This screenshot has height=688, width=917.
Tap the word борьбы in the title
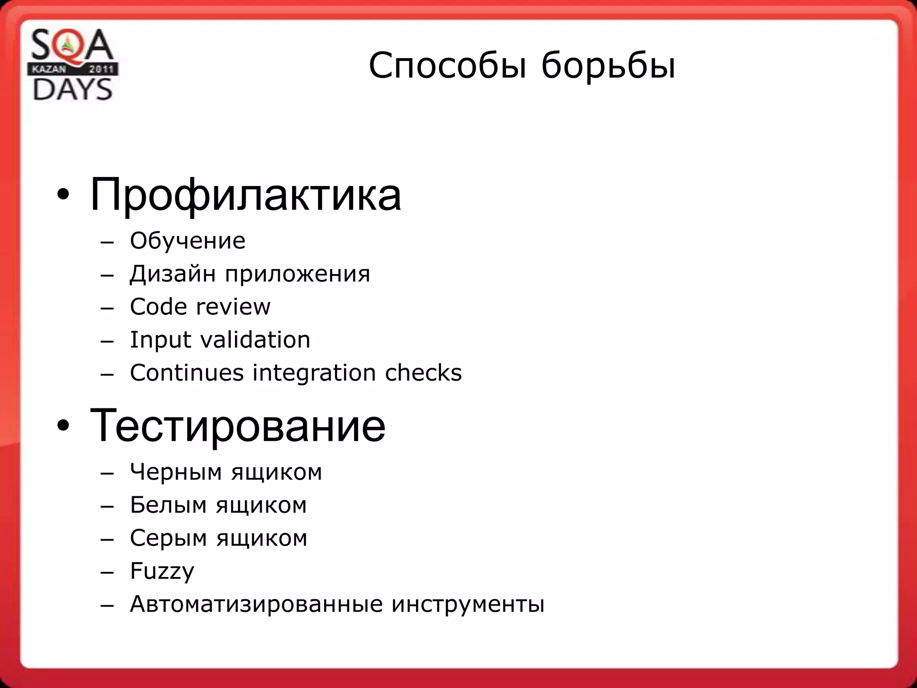click(x=608, y=66)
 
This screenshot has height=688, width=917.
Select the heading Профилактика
click(x=245, y=195)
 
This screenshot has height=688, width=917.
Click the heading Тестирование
click(x=237, y=426)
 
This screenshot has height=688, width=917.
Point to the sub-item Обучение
click(x=188, y=241)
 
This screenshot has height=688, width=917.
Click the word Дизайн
click(x=173, y=274)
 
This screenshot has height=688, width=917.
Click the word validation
click(x=255, y=340)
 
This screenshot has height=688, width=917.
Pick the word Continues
click(x=187, y=373)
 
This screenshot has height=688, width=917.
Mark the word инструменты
click(x=468, y=604)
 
